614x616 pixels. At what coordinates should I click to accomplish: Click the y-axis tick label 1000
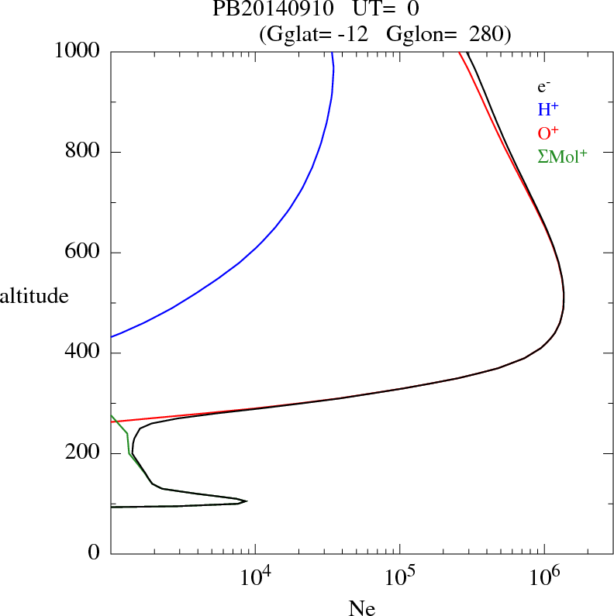tap(78, 51)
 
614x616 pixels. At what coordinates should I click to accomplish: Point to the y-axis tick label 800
tap(83, 152)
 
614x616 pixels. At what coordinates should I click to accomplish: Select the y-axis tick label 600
tap(83, 253)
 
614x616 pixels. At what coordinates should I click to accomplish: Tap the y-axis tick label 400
tap(83, 353)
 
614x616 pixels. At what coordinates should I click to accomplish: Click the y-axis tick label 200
tap(83, 453)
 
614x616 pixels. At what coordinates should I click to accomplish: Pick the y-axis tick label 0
tap(94, 553)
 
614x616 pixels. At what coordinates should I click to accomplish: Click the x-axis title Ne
tap(361, 608)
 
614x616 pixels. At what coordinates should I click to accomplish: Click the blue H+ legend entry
tap(548, 110)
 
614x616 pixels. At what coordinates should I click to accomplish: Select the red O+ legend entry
tap(549, 133)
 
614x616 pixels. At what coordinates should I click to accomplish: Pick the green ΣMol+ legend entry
tap(562, 157)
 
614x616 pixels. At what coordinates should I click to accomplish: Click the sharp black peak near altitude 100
tap(245, 501)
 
